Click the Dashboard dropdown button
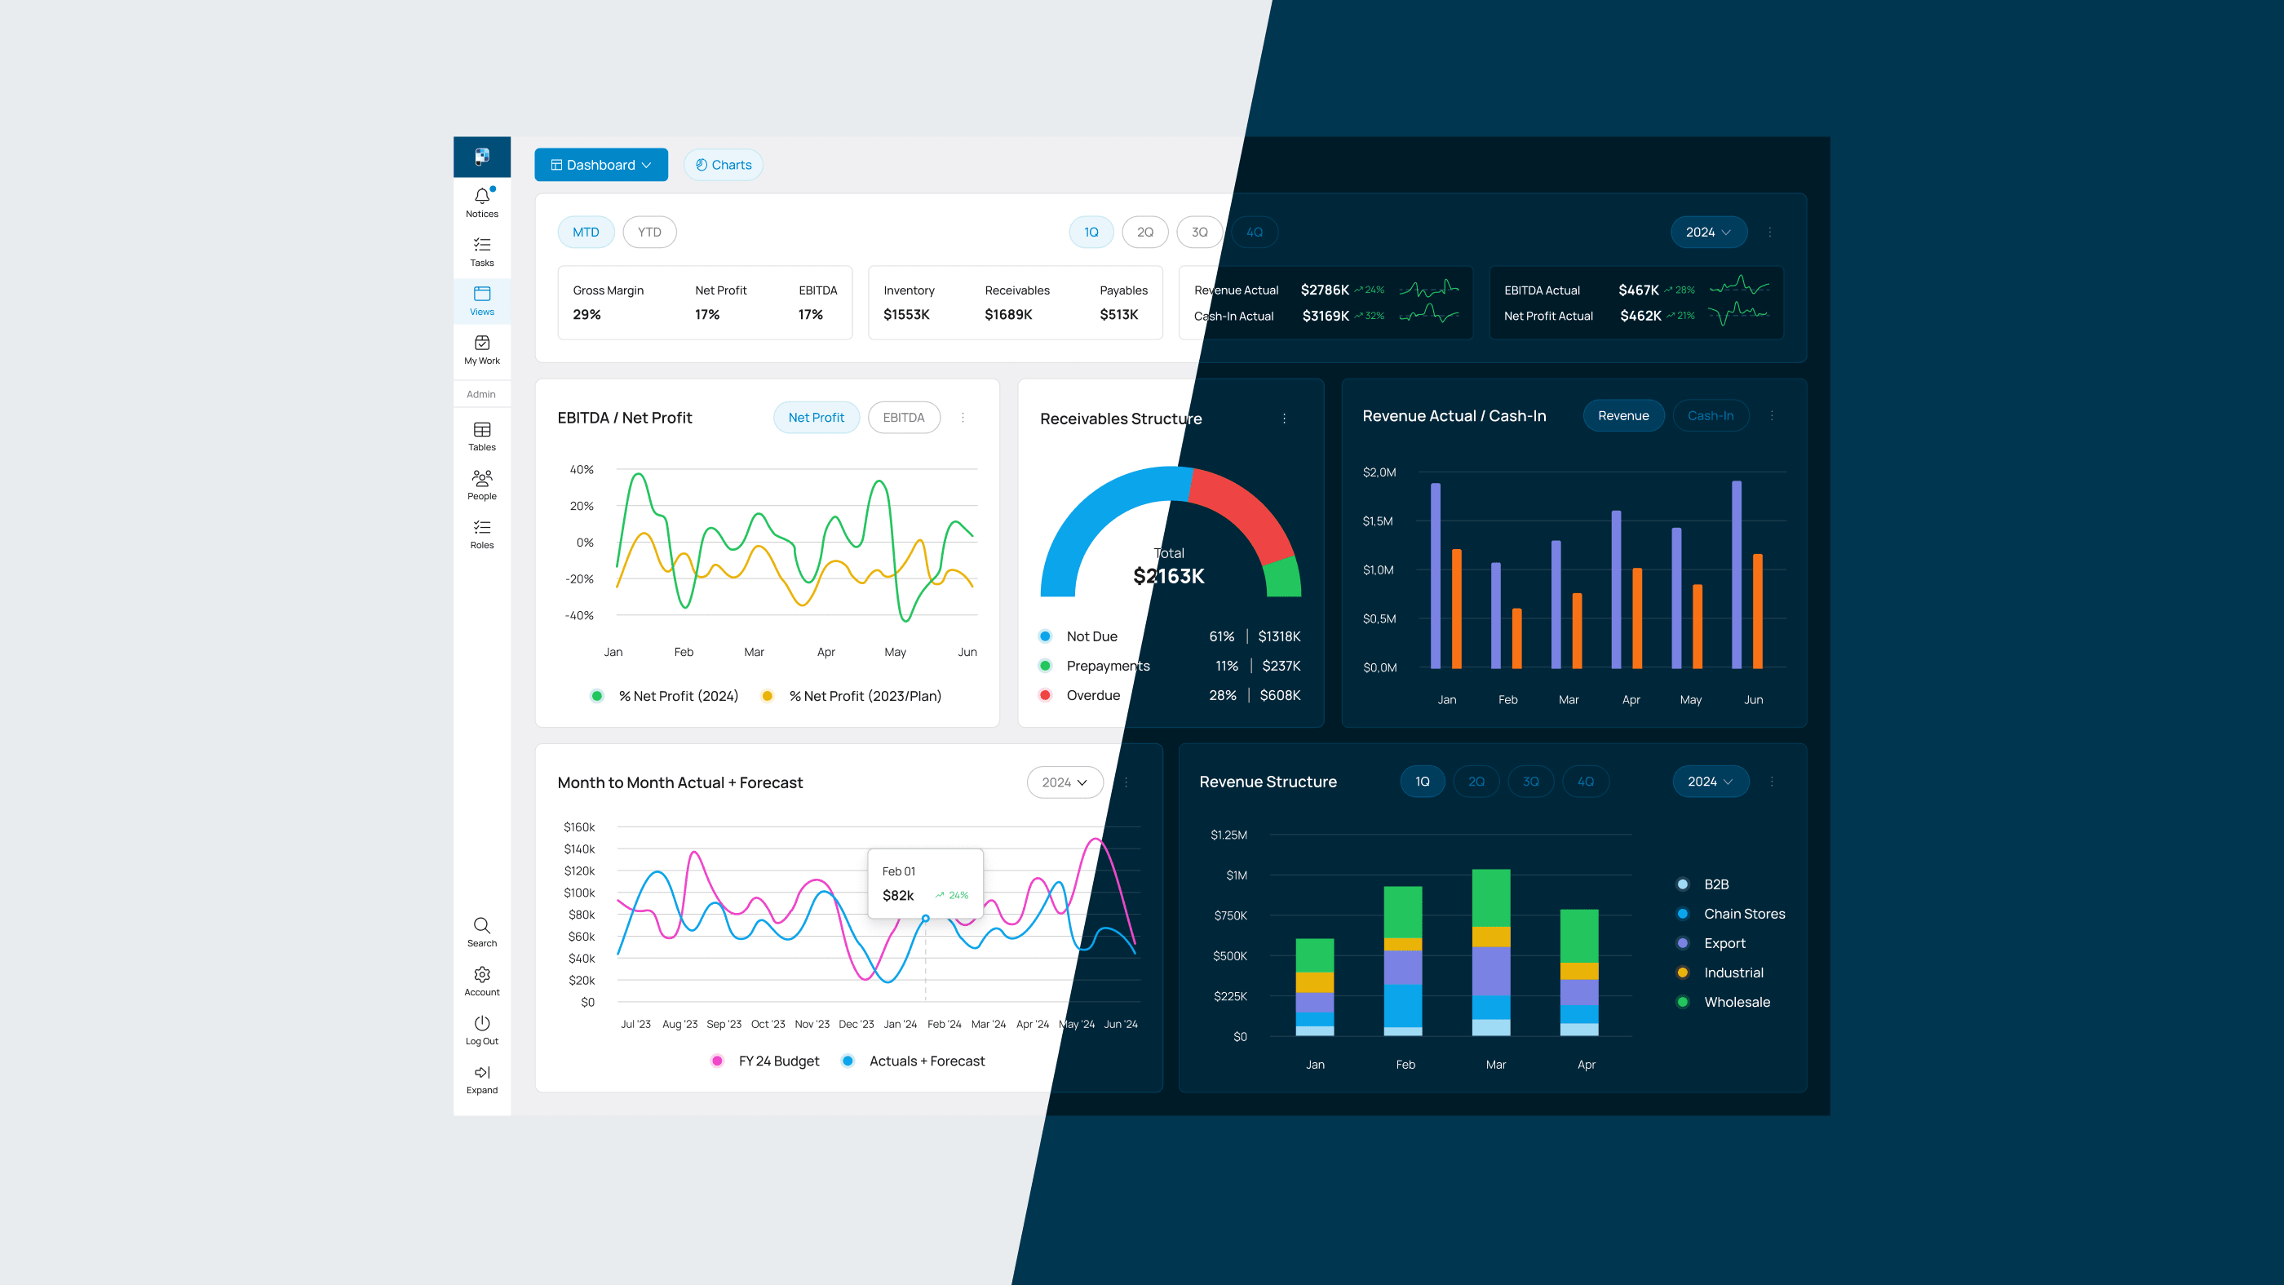600,165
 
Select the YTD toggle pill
649,233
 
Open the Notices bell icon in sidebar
481,197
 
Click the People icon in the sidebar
481,479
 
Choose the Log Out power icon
481,1023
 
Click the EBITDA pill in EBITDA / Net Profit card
903,418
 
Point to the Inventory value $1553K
906,315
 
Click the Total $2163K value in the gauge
1168,577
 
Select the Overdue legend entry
1092,695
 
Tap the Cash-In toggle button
1710,416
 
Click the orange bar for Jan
1456,609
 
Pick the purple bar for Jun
1736,574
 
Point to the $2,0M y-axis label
1379,472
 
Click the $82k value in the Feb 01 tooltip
897,896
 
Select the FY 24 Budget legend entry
777,1061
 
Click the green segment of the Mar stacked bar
1490,897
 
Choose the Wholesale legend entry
1736,1002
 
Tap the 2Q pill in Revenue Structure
1476,782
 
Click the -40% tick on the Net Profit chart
579,615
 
